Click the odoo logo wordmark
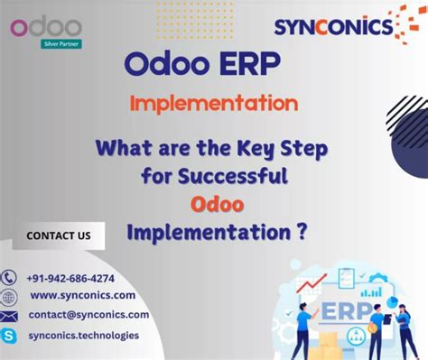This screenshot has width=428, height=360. tap(46, 27)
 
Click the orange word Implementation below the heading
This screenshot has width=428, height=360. tap(213, 103)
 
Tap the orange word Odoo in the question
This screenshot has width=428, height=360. tap(214, 204)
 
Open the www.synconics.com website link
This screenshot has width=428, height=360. tap(82, 295)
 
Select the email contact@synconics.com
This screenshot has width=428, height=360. tap(88, 315)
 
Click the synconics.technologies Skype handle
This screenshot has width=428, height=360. tap(83, 335)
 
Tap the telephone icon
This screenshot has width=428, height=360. tap(9, 278)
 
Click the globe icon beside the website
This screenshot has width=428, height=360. tap(9, 296)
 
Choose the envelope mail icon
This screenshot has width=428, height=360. tap(9, 316)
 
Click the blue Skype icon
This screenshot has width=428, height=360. tap(9, 336)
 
